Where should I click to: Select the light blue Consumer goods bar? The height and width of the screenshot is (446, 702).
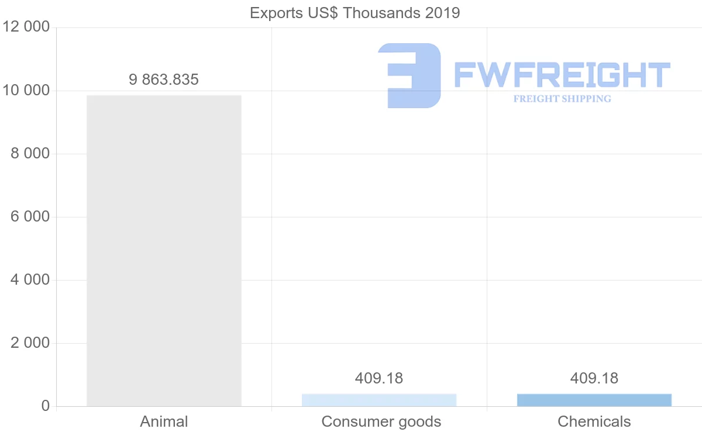click(379, 400)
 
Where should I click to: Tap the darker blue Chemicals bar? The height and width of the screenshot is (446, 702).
click(594, 400)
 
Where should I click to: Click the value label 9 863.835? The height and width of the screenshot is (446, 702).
click(164, 79)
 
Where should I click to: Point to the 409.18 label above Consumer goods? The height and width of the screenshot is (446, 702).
click(379, 378)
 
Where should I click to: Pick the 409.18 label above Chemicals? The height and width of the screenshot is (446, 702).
click(594, 378)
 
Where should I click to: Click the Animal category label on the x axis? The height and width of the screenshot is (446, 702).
click(164, 421)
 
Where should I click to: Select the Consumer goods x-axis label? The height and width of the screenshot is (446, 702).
click(381, 421)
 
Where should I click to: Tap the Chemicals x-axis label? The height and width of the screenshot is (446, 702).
click(594, 421)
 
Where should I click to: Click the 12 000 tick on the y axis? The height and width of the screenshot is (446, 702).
click(26, 27)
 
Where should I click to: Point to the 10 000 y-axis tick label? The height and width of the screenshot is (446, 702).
click(26, 91)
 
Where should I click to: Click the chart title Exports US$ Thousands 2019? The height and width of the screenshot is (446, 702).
click(355, 13)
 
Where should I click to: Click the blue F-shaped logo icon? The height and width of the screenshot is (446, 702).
click(409, 75)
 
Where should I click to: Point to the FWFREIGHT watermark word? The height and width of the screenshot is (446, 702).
click(562, 75)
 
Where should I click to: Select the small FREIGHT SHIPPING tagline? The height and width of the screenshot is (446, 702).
click(562, 99)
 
